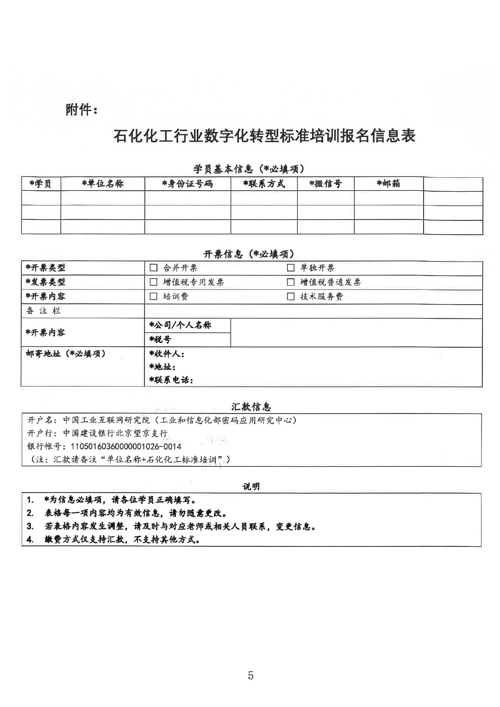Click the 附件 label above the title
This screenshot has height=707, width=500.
81,110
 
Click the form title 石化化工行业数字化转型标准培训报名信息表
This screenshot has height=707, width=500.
264,136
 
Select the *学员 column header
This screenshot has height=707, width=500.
40,184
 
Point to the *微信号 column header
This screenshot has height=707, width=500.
325,184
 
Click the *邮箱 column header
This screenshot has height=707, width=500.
388,184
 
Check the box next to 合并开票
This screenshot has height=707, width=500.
154,268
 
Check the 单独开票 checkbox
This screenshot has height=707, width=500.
291,268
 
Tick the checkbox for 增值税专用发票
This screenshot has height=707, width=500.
154,282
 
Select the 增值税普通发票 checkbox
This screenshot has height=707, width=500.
291,282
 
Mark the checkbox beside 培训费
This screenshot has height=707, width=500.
154,296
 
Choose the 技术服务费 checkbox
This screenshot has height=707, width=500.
291,296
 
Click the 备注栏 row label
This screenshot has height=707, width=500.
43,311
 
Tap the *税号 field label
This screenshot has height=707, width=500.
160,339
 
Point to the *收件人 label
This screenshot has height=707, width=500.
167,354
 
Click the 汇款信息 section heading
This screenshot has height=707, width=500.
251,407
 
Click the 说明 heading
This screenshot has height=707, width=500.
251,486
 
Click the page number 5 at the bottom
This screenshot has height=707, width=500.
250,676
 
